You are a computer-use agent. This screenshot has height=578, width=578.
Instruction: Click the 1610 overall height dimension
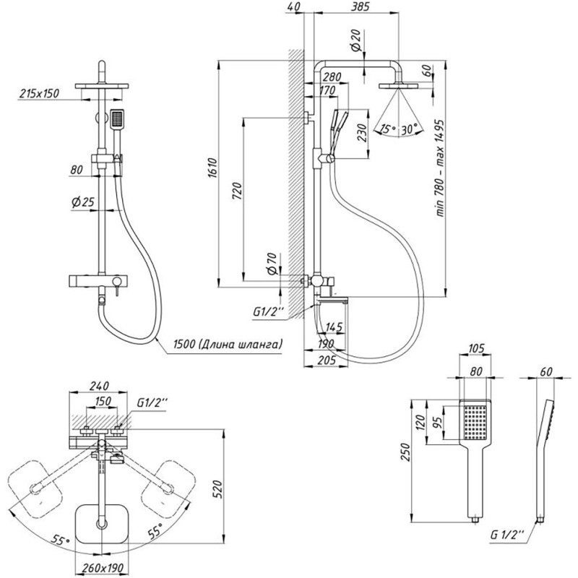212,168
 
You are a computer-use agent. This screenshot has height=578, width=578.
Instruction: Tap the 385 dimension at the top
360,7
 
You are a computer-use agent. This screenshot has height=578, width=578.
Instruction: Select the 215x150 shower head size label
39,93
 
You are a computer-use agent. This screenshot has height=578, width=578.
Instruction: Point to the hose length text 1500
184,345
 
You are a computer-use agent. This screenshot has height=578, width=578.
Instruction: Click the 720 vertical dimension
238,191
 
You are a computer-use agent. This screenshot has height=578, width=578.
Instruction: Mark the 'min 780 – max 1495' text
440,168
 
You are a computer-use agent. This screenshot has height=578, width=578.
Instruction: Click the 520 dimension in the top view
218,489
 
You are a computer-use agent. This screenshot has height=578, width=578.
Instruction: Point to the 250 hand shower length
405,452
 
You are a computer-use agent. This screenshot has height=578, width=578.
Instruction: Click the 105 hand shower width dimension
476,348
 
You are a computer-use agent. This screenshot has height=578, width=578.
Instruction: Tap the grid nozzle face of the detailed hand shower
476,423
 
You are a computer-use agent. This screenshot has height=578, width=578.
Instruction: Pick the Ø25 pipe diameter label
83,202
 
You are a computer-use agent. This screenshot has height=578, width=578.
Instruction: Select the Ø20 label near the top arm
355,40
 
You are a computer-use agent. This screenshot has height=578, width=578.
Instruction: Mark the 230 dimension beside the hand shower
363,133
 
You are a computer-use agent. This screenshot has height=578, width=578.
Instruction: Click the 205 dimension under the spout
327,360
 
